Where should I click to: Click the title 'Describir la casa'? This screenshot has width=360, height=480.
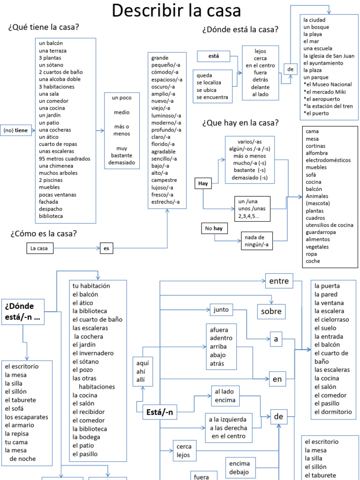click(x=176, y=10)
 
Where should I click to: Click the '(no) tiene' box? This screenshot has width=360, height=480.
click(x=15, y=130)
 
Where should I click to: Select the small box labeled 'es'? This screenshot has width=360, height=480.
click(x=106, y=248)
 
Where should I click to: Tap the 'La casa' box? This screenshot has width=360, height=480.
click(x=39, y=248)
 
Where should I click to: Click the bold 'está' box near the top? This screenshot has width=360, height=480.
click(x=213, y=57)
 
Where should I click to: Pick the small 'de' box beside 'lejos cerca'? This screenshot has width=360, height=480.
click(x=290, y=69)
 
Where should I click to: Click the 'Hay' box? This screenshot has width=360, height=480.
click(x=203, y=183)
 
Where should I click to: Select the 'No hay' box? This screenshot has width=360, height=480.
click(x=213, y=228)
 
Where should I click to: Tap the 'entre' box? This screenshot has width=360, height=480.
click(x=279, y=282)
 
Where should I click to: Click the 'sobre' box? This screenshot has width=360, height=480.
click(x=271, y=311)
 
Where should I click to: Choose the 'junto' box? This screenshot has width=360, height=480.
click(x=221, y=310)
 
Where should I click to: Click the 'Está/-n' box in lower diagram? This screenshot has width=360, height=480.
click(x=160, y=412)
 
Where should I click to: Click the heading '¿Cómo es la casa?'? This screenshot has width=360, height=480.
click(x=43, y=233)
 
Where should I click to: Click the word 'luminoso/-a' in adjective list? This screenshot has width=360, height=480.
click(x=166, y=115)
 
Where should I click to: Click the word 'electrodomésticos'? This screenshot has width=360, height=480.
click(x=328, y=160)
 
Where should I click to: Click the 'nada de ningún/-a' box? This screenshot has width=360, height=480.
click(x=257, y=240)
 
